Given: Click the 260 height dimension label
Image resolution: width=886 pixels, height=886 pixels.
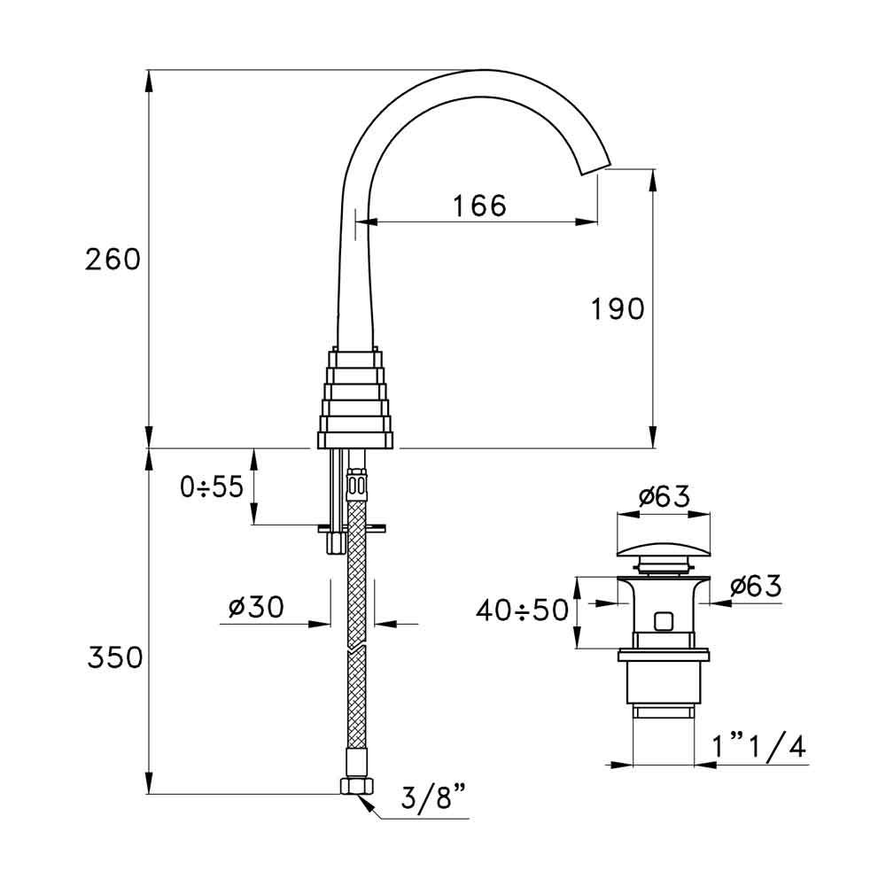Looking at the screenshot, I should (x=113, y=260).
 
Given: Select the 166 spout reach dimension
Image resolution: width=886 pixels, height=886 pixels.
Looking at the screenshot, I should (x=479, y=206).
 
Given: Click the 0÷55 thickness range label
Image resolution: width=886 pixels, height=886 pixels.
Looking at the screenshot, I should (x=211, y=487).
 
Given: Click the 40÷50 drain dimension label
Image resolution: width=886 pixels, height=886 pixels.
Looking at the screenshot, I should (x=521, y=611).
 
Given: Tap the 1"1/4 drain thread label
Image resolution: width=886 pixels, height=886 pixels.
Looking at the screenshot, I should (x=759, y=749).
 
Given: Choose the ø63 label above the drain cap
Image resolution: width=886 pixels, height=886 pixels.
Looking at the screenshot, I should (x=664, y=498).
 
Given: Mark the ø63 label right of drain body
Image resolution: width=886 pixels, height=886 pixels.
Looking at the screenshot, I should (x=755, y=586).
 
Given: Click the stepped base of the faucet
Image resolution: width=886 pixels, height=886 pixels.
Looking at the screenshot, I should (x=355, y=399).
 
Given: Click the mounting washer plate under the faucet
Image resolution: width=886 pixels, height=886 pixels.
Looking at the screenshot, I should (x=353, y=527).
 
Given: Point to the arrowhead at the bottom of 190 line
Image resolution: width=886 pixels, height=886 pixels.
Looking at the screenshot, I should (x=653, y=439).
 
